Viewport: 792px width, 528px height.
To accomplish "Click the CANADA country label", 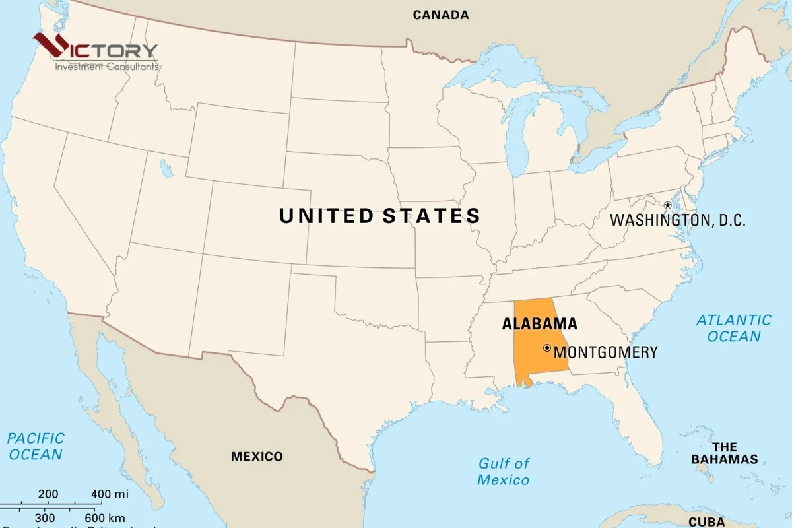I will click(x=440, y=15).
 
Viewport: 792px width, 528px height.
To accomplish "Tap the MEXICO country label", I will click(x=257, y=457).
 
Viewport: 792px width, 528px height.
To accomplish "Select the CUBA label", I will click(x=706, y=522).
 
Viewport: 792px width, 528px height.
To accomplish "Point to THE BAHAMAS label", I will click(x=724, y=453).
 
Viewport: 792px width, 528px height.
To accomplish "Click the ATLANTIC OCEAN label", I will click(x=734, y=328).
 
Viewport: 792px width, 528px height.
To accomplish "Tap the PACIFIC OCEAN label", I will click(x=36, y=446).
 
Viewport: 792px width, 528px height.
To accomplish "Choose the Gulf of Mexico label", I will click(x=504, y=471).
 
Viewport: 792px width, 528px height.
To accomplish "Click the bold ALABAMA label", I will click(x=539, y=324).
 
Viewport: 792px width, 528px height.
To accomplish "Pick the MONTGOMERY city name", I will click(x=605, y=352).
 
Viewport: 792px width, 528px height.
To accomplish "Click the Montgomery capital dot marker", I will click(x=546, y=348).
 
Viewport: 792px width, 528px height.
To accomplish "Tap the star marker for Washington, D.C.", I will click(x=667, y=206).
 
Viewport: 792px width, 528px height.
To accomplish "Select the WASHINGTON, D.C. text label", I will click(x=677, y=220).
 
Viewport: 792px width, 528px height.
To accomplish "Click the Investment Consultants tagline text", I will click(x=106, y=67).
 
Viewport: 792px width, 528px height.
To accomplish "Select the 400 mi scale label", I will click(x=110, y=494).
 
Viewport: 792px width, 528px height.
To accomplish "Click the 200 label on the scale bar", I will click(x=48, y=494).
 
